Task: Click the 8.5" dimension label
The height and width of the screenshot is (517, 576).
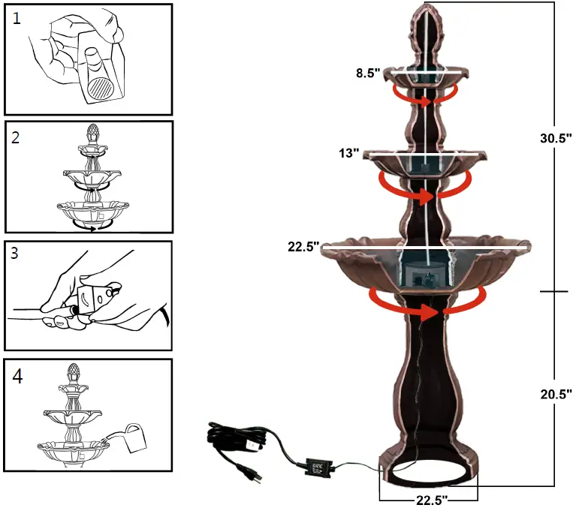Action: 369,74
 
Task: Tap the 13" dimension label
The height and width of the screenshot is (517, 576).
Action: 349,154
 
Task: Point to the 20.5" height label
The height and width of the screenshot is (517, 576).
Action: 557,392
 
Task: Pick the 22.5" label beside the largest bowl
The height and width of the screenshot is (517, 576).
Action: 303,246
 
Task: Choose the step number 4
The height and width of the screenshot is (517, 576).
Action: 17,376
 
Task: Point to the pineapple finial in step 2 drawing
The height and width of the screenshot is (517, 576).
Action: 94,134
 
